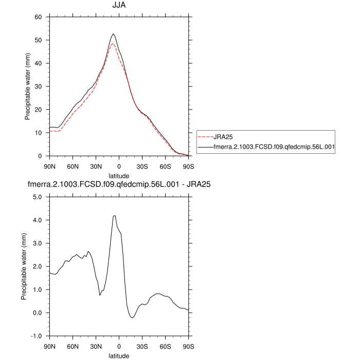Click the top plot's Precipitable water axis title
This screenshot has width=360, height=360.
click(x=28, y=86)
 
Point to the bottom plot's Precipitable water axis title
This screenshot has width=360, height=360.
click(x=24, y=266)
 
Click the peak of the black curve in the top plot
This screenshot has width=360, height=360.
click(x=113, y=34)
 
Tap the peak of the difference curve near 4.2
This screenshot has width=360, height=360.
click(x=115, y=215)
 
